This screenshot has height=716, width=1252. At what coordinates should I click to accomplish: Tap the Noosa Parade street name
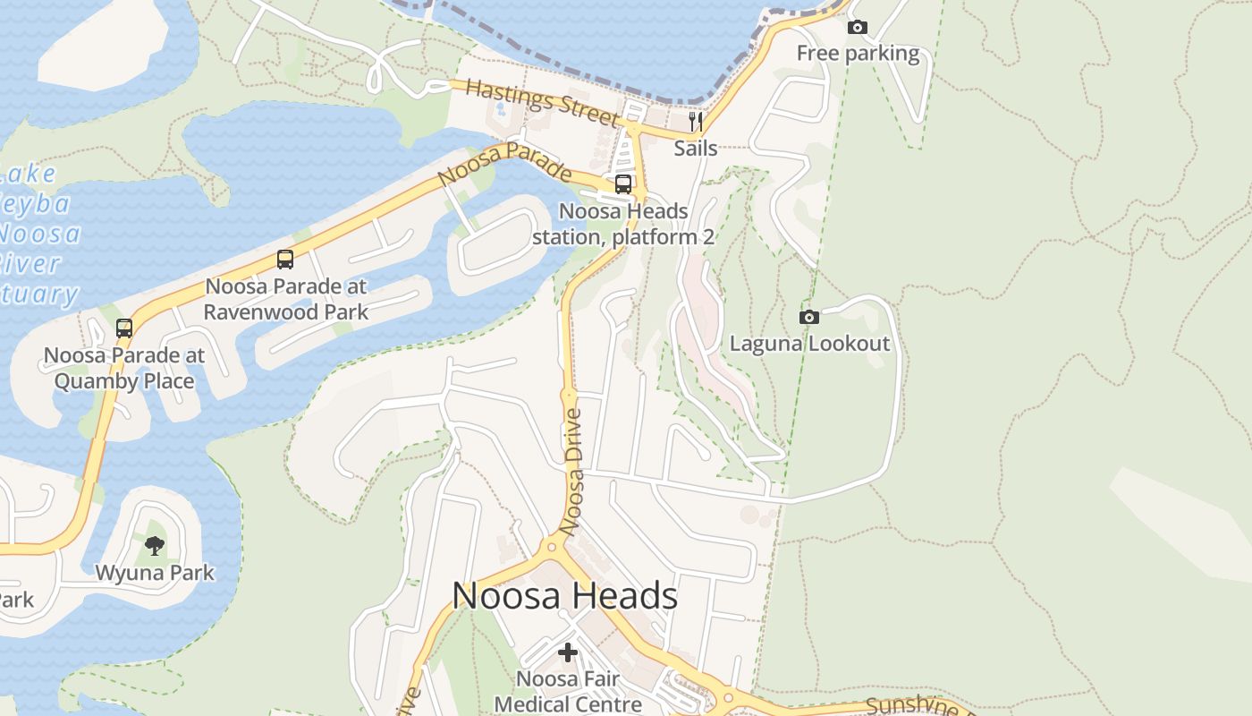504,164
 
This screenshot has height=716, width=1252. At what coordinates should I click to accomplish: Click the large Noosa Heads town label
564,595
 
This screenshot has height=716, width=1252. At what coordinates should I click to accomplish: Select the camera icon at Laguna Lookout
808,317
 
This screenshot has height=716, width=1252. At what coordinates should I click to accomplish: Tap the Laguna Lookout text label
809,343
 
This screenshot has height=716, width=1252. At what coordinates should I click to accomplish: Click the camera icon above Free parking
857,28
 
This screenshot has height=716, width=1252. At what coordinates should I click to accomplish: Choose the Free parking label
858,54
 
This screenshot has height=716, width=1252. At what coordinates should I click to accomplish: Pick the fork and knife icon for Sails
696,122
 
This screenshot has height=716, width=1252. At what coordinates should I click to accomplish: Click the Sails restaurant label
696,148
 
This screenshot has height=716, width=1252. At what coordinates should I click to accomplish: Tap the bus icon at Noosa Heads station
623,184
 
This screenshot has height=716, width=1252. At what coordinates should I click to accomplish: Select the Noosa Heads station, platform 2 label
623,224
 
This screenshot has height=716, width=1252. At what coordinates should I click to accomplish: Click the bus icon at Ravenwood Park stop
285,260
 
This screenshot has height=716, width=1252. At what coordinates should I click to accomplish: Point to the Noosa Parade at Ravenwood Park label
285,299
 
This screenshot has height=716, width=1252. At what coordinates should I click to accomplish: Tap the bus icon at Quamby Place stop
124,328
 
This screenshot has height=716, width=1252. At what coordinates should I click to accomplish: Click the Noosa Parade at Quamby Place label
124,368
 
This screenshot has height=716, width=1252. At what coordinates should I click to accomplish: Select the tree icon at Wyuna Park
155,545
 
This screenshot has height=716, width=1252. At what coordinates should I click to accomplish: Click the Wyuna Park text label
155,572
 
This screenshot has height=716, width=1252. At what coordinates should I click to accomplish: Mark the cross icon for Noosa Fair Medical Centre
568,652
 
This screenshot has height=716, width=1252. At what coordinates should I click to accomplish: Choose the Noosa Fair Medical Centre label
568,691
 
